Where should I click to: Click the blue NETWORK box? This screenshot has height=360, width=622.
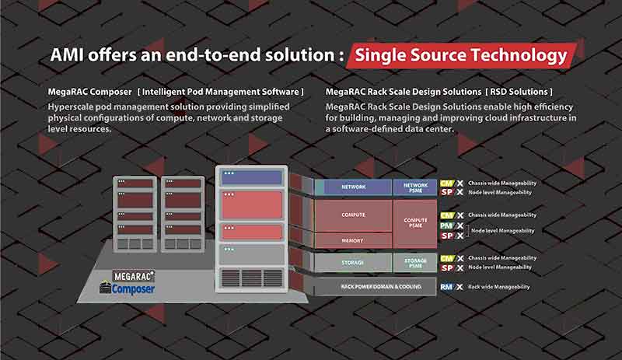coord(353,187)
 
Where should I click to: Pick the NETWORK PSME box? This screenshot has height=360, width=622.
coord(416,187)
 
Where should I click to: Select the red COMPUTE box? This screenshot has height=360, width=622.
coord(353,215)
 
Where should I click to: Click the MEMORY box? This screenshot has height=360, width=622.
coord(353,241)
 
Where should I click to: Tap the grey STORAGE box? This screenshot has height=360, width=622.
coord(353,262)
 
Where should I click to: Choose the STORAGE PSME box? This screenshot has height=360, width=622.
coord(416,262)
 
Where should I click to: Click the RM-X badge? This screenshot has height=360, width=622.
coord(452,287)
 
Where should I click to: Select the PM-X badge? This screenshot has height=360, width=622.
coord(452,225)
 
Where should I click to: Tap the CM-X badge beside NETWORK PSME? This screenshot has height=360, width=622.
coord(452,183)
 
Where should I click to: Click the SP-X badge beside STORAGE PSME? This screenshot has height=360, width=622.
coord(452,267)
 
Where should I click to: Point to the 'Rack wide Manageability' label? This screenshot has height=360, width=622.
coord(498,287)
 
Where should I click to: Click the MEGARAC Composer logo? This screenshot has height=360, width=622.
coord(128,282)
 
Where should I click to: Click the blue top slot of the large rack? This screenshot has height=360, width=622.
coord(250,177)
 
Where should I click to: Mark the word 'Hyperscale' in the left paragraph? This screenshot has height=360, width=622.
coord(72,107)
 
